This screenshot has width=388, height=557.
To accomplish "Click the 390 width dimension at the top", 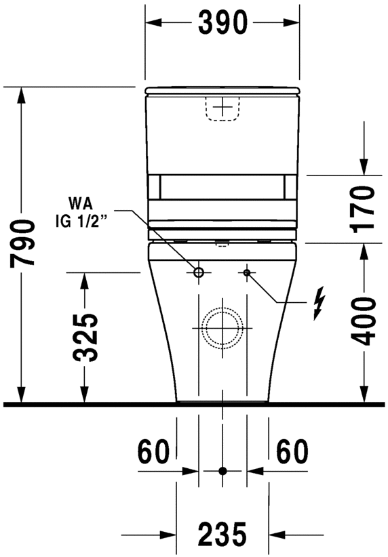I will pos(222,23).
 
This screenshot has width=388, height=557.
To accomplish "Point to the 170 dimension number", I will pos(365,211).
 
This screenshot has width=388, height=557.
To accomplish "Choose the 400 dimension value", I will pos(365,321).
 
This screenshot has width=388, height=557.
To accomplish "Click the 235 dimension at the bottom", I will pos(222,535).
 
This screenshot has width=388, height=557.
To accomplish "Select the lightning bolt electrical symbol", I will pos(317,304).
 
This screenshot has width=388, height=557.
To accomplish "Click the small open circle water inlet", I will pos(199,272).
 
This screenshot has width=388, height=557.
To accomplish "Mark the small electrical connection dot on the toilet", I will pos(247,272).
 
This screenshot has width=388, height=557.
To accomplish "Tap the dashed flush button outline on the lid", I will pos(222,108).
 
